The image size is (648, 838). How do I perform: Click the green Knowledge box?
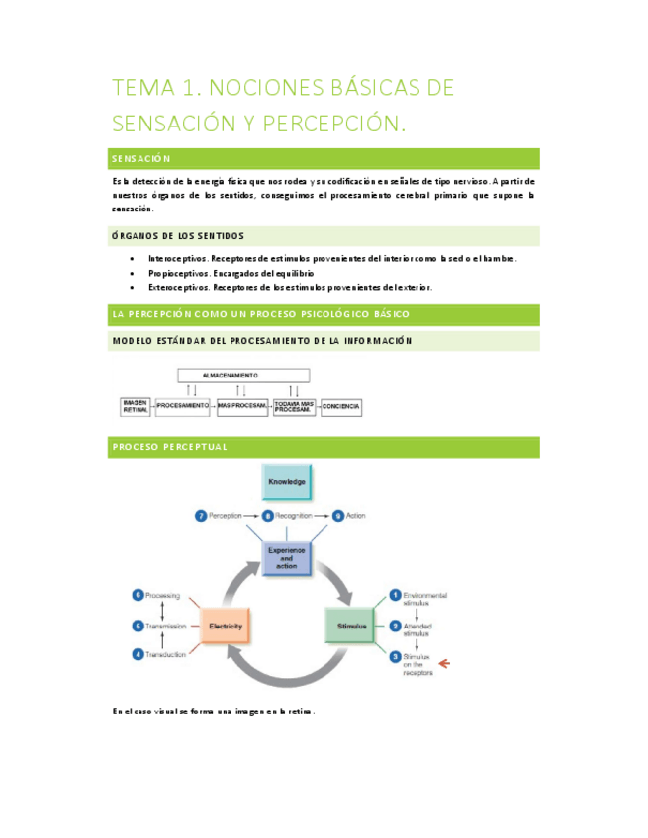coord(287,481)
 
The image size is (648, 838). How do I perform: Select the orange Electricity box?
coord(226,626)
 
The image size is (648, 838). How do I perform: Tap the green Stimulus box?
coord(352,626)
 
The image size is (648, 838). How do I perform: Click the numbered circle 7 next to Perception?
coord(200,515)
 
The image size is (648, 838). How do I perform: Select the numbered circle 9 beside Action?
coord(337,515)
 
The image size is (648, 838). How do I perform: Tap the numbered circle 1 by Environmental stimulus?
coord(394,595)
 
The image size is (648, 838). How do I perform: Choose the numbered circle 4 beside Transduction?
coord(138,654)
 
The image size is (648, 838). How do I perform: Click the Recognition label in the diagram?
coord(294,515)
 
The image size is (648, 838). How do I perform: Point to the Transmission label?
coord(167,626)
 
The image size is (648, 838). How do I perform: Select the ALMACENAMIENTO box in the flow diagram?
coord(243,376)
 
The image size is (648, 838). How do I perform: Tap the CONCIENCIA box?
coord(341,406)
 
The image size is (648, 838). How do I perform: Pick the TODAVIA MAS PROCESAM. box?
coord(294,406)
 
